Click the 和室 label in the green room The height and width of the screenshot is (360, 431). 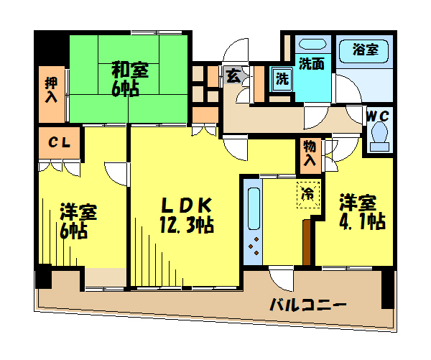click(x=130, y=70)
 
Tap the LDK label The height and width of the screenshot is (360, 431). click(x=187, y=206)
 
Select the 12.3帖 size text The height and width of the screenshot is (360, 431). click(x=187, y=225)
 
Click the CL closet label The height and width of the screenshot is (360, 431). click(x=60, y=142)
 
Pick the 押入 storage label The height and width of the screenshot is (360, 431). click(x=52, y=91)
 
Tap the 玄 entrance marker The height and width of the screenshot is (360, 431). click(x=233, y=75)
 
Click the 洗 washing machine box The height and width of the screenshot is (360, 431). click(x=282, y=79)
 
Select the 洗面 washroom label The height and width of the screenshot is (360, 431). click(x=312, y=63)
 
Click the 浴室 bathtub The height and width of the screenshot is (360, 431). click(x=364, y=52)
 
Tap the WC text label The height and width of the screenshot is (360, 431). click(x=379, y=116)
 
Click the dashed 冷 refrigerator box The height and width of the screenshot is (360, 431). click(x=308, y=195)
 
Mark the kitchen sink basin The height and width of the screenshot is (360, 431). click(x=254, y=208)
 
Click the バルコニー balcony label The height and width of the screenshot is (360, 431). click(x=308, y=305)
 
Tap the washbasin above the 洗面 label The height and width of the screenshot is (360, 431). click(x=312, y=45)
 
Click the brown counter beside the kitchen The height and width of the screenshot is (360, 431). click(x=307, y=242)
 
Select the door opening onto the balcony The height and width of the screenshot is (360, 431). click(x=281, y=278)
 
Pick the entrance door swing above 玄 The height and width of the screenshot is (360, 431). click(x=236, y=51)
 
